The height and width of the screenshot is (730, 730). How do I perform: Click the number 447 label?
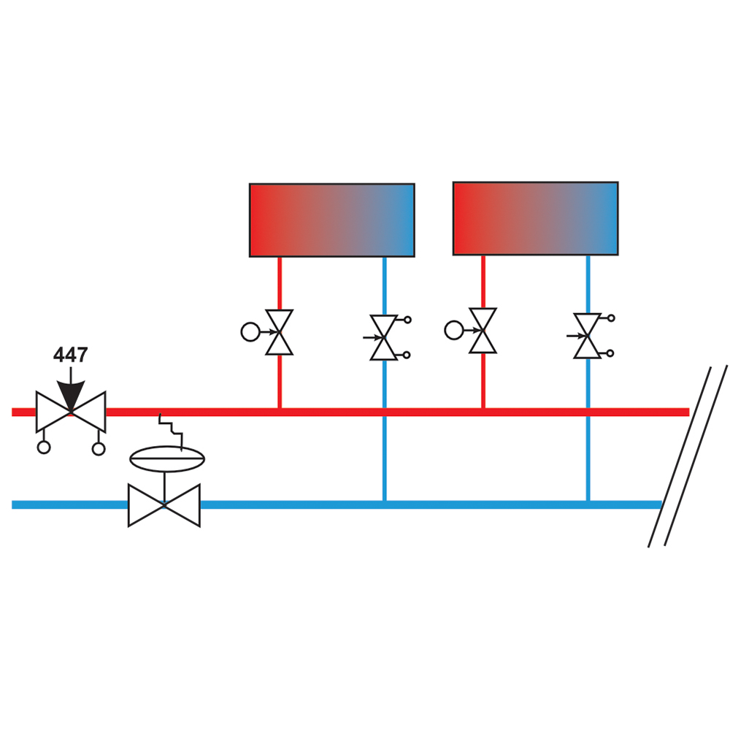70,355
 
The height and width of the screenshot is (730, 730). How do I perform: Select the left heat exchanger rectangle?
332,220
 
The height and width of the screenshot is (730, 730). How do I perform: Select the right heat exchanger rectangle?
535,218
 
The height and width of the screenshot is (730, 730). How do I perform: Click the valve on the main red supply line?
71,412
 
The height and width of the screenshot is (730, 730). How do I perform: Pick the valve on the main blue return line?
164,505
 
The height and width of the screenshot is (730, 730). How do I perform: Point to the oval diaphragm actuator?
167,458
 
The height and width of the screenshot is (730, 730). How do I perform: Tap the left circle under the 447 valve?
44,447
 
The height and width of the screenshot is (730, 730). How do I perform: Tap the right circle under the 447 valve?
99,449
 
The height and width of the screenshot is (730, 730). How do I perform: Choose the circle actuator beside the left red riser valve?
250,332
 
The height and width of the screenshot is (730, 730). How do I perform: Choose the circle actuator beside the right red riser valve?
454,330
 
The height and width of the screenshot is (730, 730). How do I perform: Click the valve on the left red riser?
280,332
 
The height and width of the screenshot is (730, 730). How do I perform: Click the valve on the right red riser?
483,330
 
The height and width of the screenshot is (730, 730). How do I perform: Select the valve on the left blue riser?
384,337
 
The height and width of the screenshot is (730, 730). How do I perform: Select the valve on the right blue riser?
587,336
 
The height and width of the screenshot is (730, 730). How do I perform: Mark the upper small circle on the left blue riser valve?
407,320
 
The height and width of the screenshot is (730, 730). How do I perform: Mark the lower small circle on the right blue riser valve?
610,353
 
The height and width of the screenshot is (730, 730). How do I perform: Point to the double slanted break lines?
688,456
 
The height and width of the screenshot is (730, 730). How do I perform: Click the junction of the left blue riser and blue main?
385,504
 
